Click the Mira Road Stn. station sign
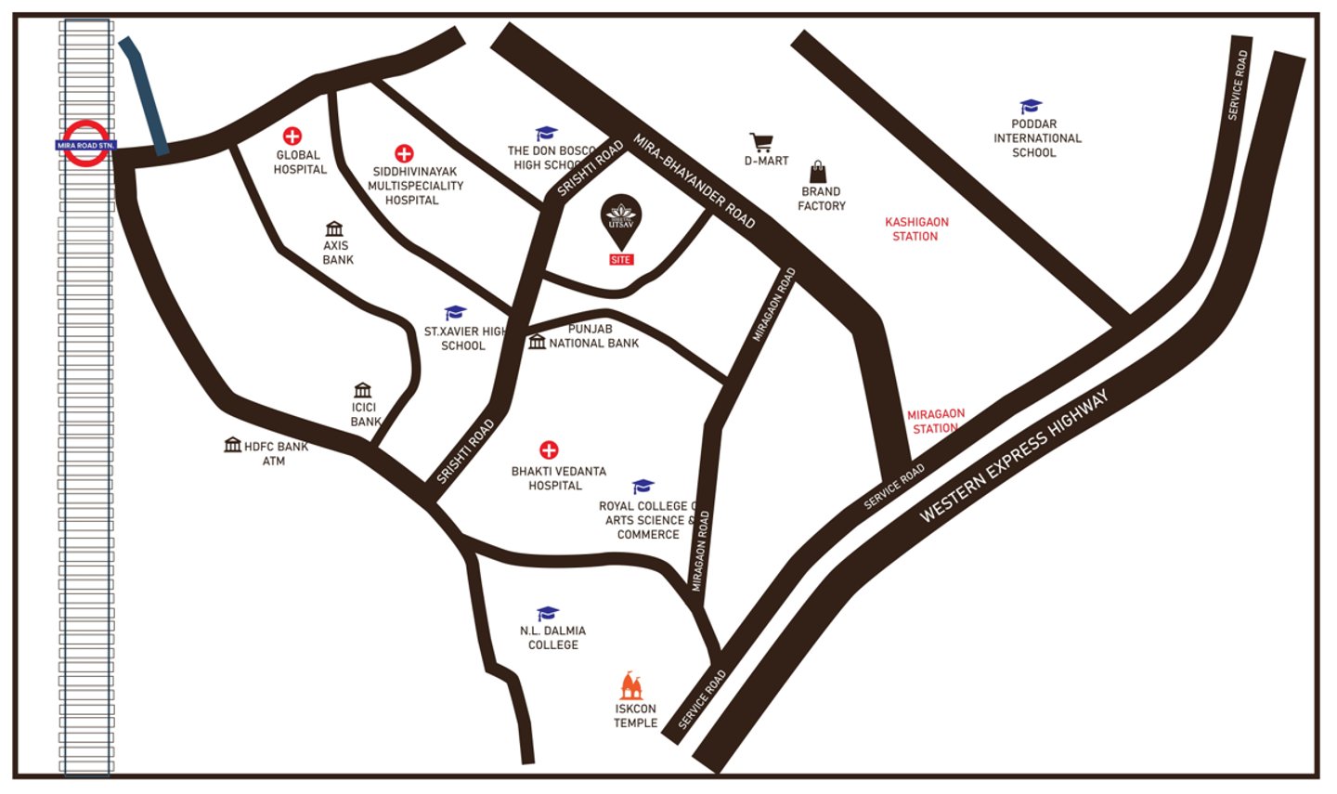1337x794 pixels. pos(85,145)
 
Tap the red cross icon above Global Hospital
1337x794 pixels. pos(292,137)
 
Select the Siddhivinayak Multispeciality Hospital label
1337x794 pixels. pos(415,186)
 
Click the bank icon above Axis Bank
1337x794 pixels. pos(334,228)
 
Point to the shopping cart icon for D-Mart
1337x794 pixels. pos(761,142)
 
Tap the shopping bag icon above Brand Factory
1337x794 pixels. pos(818,172)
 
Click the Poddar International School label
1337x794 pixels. pos(1036,138)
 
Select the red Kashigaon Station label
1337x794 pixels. pos(916,229)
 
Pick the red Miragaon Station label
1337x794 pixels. pos(936,421)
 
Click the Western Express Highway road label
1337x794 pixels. pos(1014,457)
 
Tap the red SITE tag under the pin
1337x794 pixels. pos(621,260)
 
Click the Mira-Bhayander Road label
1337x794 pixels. pos(694,181)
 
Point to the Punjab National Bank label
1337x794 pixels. pos(593,336)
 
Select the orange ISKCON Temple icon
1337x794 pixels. pos(631,686)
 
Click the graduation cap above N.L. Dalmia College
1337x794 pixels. pos(548,613)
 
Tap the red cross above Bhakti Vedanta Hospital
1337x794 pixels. pos(549,450)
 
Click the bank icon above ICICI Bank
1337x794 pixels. pos(363,390)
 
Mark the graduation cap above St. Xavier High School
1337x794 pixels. pos(455,313)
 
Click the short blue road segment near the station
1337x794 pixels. pos(144,96)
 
